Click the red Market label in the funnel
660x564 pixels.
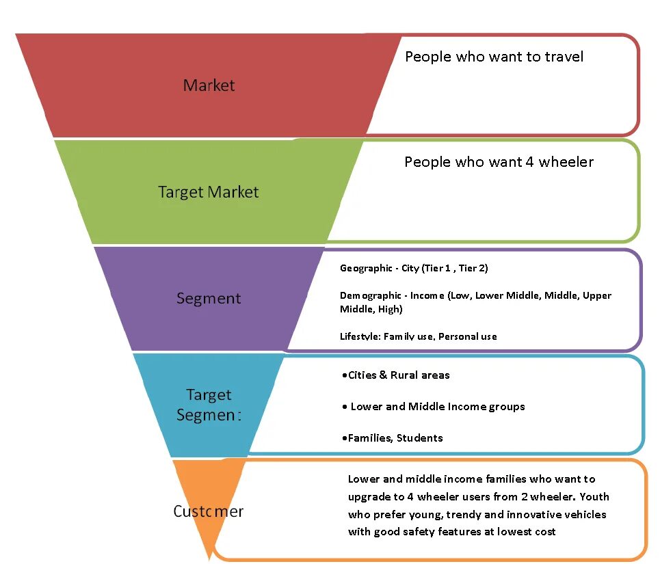pyautogui.click(x=209, y=85)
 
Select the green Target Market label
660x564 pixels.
pyautogui.click(x=209, y=192)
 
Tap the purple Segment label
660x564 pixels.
pyautogui.click(x=209, y=298)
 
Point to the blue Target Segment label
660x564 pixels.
pyautogui.click(x=209, y=405)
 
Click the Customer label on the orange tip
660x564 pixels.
pyautogui.click(x=209, y=511)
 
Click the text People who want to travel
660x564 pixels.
pyautogui.click(x=494, y=57)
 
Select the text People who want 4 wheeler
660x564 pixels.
pyautogui.click(x=499, y=162)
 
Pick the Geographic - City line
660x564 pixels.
pyautogui.click(x=414, y=268)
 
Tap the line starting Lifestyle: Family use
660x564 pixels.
pyautogui.click(x=418, y=336)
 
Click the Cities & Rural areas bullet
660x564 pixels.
pyautogui.click(x=395, y=375)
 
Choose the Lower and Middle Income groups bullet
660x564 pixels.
pyautogui.click(x=434, y=407)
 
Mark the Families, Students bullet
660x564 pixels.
pyautogui.click(x=392, y=438)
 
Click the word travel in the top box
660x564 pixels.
pyautogui.click(x=564, y=57)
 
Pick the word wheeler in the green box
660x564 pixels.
pyautogui.click(x=566, y=162)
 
